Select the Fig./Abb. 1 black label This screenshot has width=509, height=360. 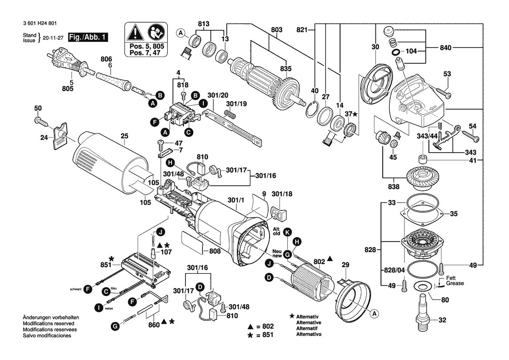(88, 37)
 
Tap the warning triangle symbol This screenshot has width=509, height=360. (135, 33)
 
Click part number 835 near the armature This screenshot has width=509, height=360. (286, 68)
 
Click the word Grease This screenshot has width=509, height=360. (455, 283)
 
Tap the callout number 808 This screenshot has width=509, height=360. (215, 251)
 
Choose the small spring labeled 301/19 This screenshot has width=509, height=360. (229, 114)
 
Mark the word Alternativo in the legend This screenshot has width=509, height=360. (309, 334)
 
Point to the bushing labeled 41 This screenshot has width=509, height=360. (422, 159)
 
